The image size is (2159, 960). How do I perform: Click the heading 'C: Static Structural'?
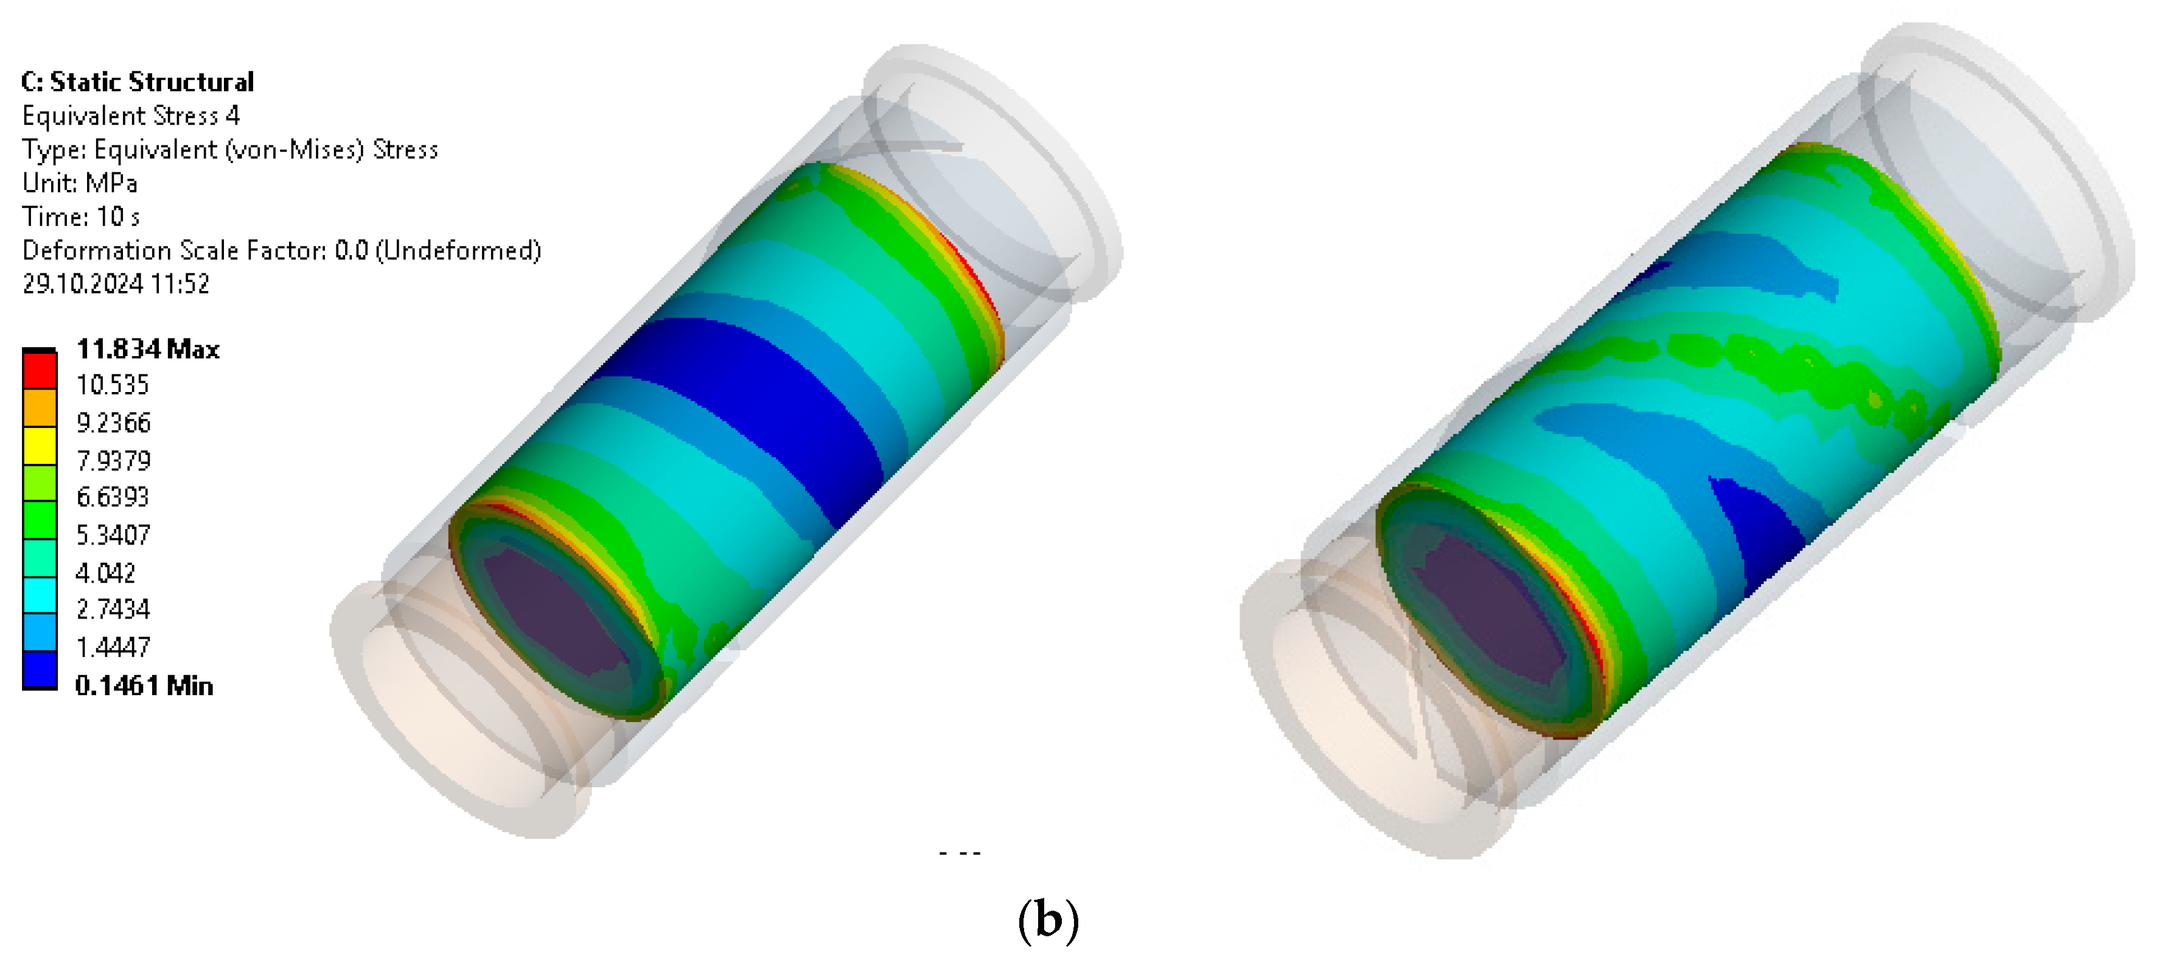click(138, 82)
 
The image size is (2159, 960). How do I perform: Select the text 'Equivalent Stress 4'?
click(131, 115)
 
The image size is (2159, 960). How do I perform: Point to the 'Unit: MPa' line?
click(80, 182)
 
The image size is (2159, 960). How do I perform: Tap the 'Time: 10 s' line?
click(80, 216)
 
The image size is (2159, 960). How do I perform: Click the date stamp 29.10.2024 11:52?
click(116, 284)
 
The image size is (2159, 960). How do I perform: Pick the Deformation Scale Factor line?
click(282, 250)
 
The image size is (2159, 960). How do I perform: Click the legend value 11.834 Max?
click(147, 349)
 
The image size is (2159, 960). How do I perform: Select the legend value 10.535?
click(113, 385)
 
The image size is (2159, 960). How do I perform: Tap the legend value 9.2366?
click(113, 422)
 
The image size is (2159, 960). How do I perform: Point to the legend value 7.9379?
click(113, 460)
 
